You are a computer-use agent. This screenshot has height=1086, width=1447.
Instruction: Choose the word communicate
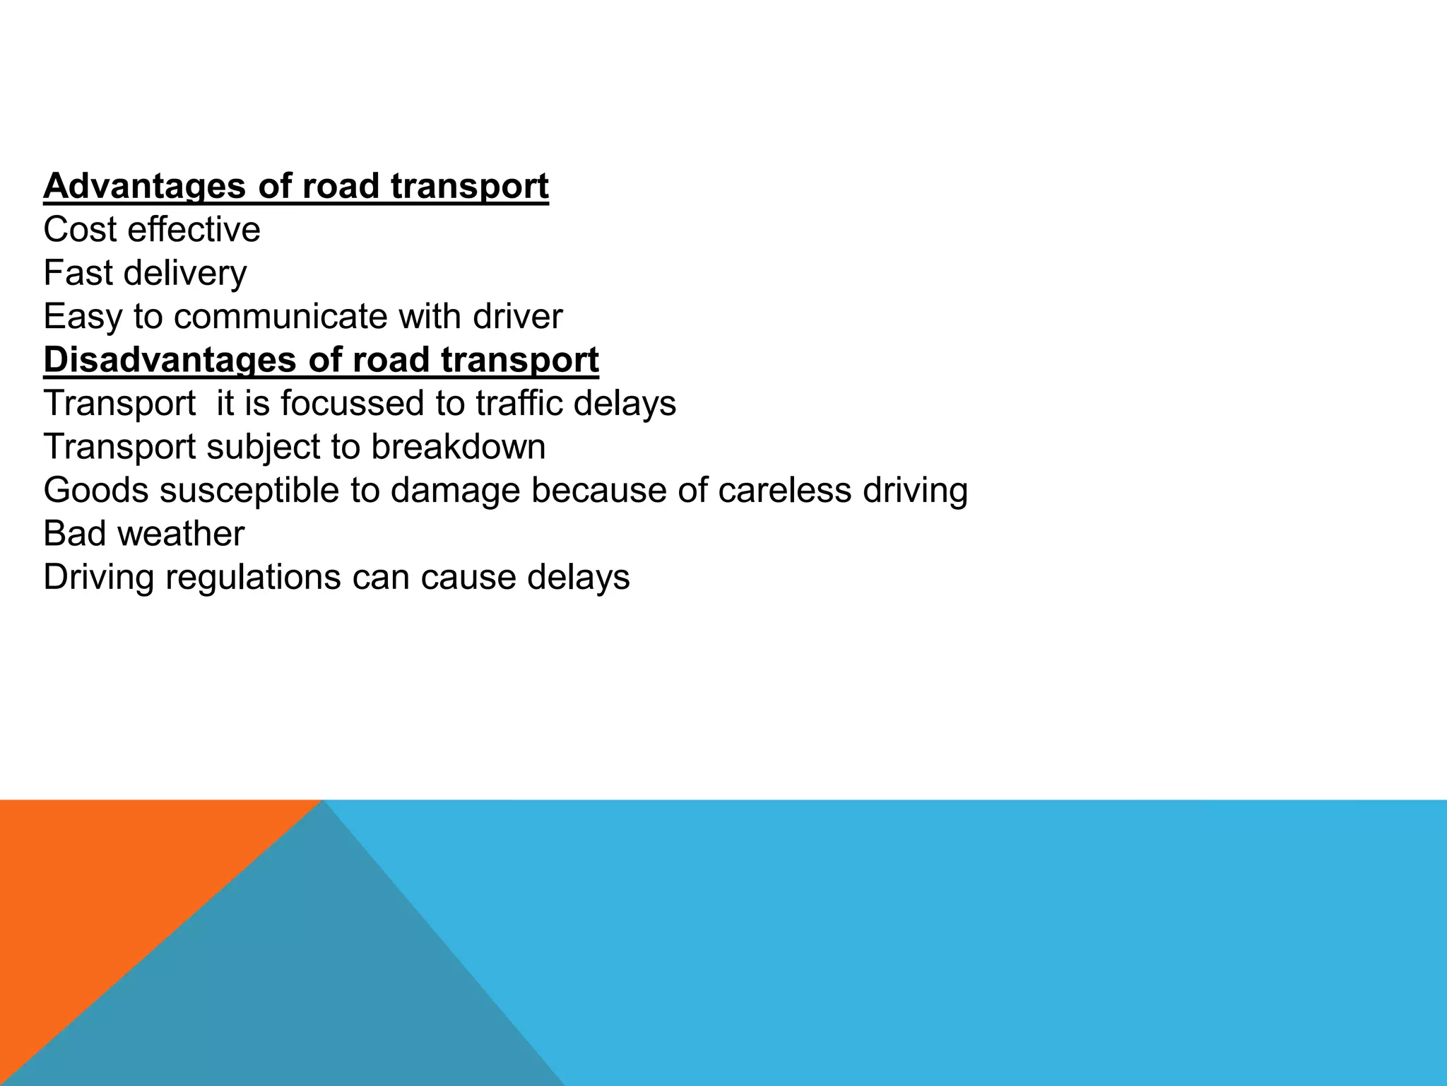[280, 317]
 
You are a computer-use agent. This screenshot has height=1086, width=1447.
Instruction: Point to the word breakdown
[459, 447]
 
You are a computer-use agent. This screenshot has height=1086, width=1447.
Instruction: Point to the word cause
[468, 578]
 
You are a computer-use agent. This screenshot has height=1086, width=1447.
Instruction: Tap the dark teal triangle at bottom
[297, 990]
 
